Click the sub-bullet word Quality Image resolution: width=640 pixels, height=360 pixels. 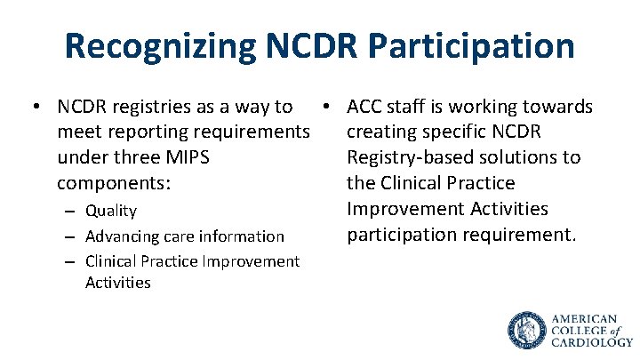coord(111,211)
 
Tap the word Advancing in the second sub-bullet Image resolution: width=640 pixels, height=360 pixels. coord(120,236)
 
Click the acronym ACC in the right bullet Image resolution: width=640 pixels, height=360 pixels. coord(366,107)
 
